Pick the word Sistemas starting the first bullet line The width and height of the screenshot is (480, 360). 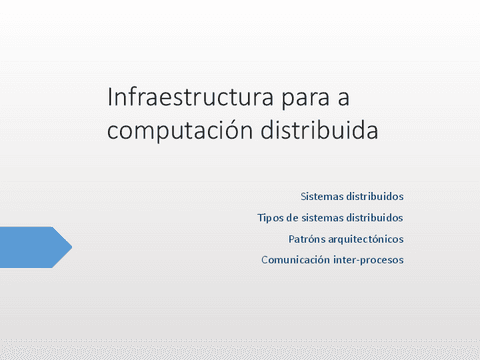point(320,196)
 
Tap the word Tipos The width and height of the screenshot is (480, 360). point(271,217)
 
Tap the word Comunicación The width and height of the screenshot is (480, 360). point(295,260)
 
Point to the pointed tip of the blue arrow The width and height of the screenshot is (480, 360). point(71,247)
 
